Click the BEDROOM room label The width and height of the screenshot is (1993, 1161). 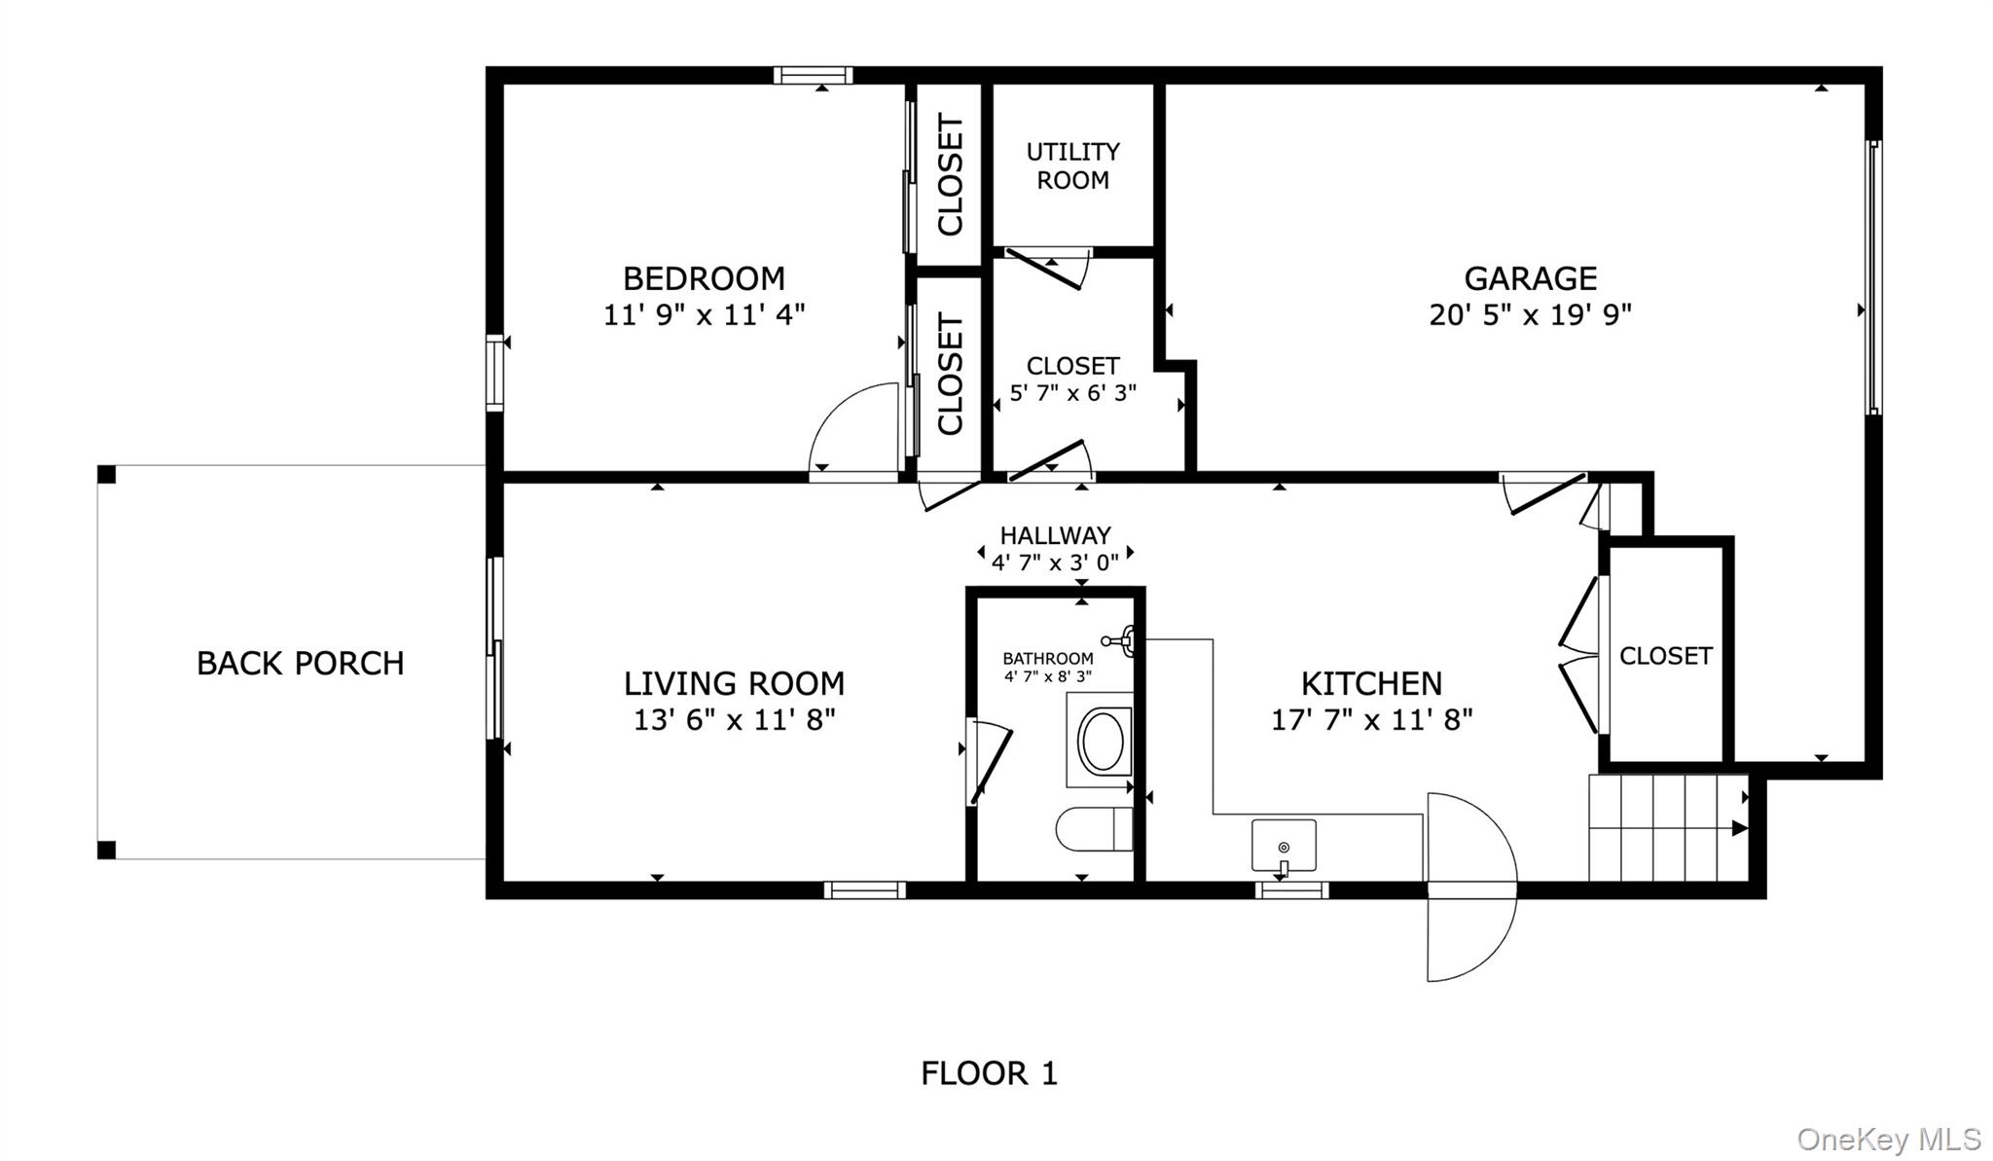click(704, 279)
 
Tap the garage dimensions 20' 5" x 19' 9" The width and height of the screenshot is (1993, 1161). click(1530, 315)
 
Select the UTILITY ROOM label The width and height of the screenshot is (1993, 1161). click(1072, 165)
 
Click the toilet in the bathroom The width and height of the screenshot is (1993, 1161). click(1094, 829)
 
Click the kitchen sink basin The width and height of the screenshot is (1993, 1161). click(1284, 845)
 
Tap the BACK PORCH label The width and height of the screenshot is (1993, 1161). click(300, 664)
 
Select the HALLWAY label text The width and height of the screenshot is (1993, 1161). click(1055, 535)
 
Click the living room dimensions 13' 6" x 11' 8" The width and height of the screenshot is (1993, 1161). click(734, 720)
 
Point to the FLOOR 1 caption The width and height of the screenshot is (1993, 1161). click(989, 1073)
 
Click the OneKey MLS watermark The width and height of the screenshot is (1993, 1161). click(1888, 1139)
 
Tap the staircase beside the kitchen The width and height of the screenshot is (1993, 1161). click(1667, 827)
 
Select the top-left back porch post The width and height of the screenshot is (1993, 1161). click(106, 474)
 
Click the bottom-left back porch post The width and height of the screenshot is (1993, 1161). click(106, 850)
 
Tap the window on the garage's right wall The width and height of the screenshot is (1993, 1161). click(1873, 277)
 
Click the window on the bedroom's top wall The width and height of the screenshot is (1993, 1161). click(813, 75)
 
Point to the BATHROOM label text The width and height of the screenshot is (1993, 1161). click(1048, 659)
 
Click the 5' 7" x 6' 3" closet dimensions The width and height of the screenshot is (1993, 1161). click(1072, 394)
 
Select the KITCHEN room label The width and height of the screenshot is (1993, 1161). click(1371, 684)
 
